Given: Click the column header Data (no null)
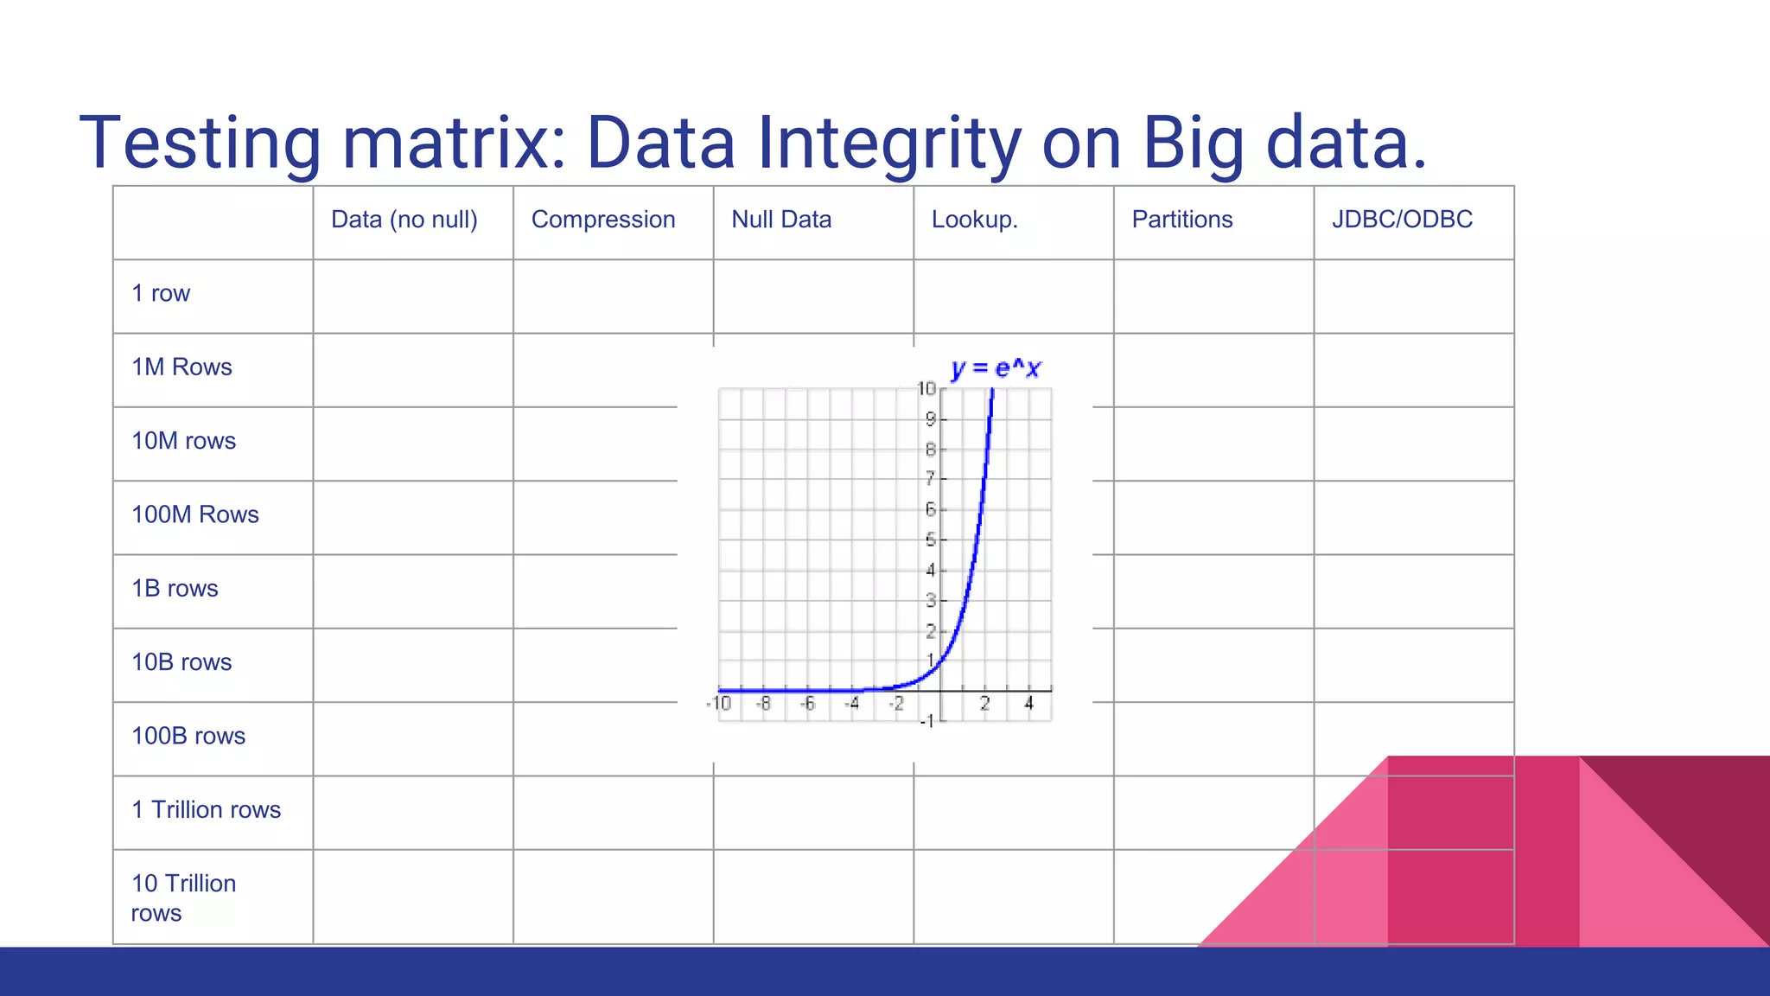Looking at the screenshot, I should point(404,220).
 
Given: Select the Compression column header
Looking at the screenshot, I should point(602,220).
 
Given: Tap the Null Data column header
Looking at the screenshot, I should point(780,220).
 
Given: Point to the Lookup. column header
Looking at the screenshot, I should point(974,220).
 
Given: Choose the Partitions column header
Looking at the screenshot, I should point(1181,220).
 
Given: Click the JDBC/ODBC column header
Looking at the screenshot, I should point(1401,220).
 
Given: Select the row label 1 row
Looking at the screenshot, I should point(161,294).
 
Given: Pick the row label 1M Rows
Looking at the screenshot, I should point(181,367).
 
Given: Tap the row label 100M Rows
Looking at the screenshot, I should point(194,514).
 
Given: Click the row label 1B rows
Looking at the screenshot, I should point(175,589).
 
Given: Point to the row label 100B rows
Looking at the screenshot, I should point(188,736).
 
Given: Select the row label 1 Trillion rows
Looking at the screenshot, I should point(206,810).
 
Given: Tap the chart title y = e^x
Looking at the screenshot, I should point(996,369).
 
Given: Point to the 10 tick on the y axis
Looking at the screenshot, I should point(926,389).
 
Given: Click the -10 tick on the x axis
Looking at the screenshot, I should point(719,704).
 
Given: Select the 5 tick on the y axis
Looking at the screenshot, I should point(930,540).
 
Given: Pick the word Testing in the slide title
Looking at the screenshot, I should point(200,143).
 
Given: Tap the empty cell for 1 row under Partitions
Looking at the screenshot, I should point(1213,297).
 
